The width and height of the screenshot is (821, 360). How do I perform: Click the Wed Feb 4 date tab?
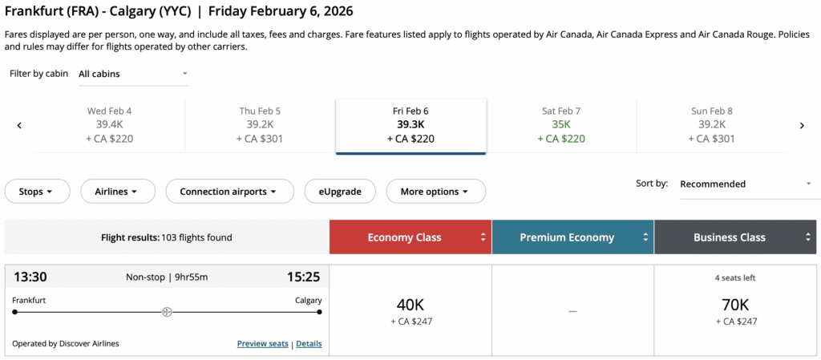click(x=109, y=124)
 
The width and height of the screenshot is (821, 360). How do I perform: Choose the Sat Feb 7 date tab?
click(x=561, y=124)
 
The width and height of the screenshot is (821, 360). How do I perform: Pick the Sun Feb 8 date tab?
click(x=712, y=124)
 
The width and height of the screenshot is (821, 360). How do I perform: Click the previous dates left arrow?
click(x=19, y=125)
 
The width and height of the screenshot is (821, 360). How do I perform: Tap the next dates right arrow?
click(x=802, y=125)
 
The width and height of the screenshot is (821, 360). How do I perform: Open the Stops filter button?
click(x=35, y=192)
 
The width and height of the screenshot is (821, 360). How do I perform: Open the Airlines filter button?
click(x=115, y=192)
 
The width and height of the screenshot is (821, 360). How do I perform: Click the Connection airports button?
click(x=228, y=192)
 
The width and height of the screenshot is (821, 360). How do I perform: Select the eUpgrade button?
click(x=339, y=192)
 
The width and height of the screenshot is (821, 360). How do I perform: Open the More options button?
click(x=435, y=192)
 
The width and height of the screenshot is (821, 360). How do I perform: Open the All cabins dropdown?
click(x=132, y=74)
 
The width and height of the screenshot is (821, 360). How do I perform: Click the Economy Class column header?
click(x=410, y=237)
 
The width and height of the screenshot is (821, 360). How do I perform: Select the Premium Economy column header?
click(x=572, y=237)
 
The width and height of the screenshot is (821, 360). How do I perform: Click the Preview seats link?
click(x=262, y=344)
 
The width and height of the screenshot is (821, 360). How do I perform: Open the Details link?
click(x=309, y=344)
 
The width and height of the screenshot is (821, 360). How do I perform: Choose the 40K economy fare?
click(x=410, y=311)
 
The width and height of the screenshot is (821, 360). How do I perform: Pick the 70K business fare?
click(x=735, y=311)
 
